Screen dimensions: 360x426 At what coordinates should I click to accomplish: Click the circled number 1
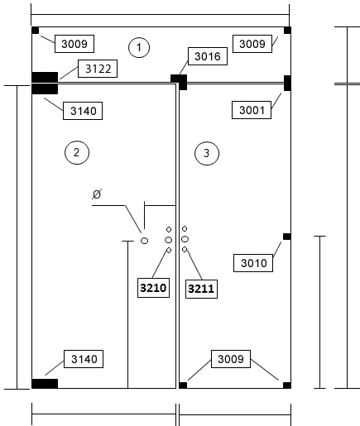click(x=139, y=47)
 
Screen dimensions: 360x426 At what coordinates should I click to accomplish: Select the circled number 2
click(x=77, y=152)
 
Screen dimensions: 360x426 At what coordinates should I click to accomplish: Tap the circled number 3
click(x=207, y=153)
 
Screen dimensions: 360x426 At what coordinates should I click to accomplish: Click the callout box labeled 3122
click(x=98, y=69)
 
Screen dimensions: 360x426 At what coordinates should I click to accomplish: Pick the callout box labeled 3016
click(x=208, y=56)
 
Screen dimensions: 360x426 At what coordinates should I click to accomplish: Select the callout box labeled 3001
click(x=252, y=110)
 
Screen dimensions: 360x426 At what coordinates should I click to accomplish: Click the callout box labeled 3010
click(x=253, y=263)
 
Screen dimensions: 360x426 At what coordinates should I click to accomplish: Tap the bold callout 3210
click(x=153, y=288)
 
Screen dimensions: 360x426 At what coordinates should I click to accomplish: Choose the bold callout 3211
click(x=201, y=289)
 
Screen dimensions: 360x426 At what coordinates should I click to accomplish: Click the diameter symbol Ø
click(x=97, y=194)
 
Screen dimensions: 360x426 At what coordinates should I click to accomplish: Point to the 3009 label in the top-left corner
click(x=74, y=44)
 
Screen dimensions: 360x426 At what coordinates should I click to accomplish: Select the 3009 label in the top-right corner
click(x=252, y=44)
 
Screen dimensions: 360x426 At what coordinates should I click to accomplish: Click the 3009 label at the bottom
click(x=231, y=359)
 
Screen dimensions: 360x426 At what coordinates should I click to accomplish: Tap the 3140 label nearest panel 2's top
click(x=83, y=111)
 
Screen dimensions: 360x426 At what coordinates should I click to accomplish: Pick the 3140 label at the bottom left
click(x=84, y=359)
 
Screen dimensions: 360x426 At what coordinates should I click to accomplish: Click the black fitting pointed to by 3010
click(x=287, y=237)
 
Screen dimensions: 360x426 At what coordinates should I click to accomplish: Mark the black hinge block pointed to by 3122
click(x=45, y=77)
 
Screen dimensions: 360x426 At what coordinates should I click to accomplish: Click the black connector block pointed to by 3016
click(x=179, y=82)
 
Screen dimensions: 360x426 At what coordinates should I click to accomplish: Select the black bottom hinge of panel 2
click(x=45, y=384)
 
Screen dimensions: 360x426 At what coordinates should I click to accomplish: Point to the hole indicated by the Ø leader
click(x=144, y=241)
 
